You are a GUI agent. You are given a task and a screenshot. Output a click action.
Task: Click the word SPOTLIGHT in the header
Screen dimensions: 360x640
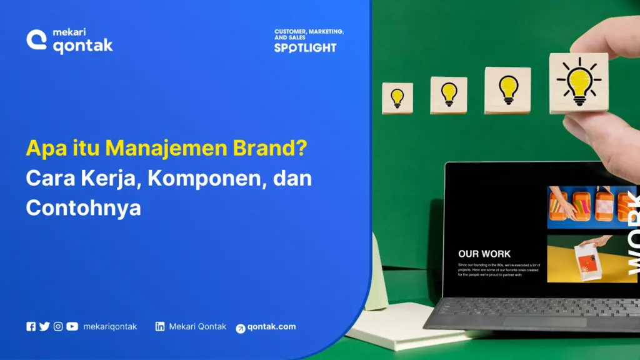pos(305,47)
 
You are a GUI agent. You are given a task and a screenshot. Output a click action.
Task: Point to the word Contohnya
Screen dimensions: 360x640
pos(83,207)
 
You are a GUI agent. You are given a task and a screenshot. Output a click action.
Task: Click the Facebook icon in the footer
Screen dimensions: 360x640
pos(31,326)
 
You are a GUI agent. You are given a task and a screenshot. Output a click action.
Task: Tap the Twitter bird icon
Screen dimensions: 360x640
pos(44,326)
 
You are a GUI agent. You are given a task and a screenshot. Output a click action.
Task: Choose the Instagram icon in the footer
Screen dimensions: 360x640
pos(58,326)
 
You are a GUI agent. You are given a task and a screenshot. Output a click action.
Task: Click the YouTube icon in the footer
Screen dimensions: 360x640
pos(72,326)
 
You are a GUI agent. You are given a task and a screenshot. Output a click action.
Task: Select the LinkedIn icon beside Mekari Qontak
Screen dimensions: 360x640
pos(160,326)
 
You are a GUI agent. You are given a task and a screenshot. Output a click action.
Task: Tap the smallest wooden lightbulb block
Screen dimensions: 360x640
pos(397,98)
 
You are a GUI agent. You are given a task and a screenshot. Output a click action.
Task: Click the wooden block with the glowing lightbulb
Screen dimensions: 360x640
pos(578,83)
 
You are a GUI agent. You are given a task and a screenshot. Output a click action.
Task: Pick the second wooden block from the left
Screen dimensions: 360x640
pos(448,95)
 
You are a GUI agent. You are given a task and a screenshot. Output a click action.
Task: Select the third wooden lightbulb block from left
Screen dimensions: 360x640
pos(507,91)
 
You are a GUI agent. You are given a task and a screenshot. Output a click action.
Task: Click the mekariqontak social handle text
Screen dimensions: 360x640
pos(110,326)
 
